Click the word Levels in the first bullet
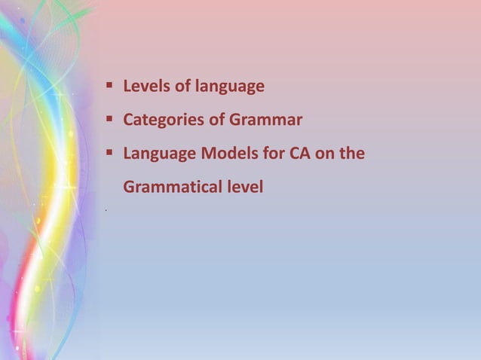tap(146, 87)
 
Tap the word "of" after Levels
tap(182, 87)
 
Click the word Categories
tap(161, 121)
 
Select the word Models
tap(229, 154)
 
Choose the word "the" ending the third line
tap(354, 154)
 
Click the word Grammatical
tap(167, 187)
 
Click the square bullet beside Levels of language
tap(109, 86)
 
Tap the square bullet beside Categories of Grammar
tap(109, 119)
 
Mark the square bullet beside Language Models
tap(109, 153)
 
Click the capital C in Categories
tap(128, 121)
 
